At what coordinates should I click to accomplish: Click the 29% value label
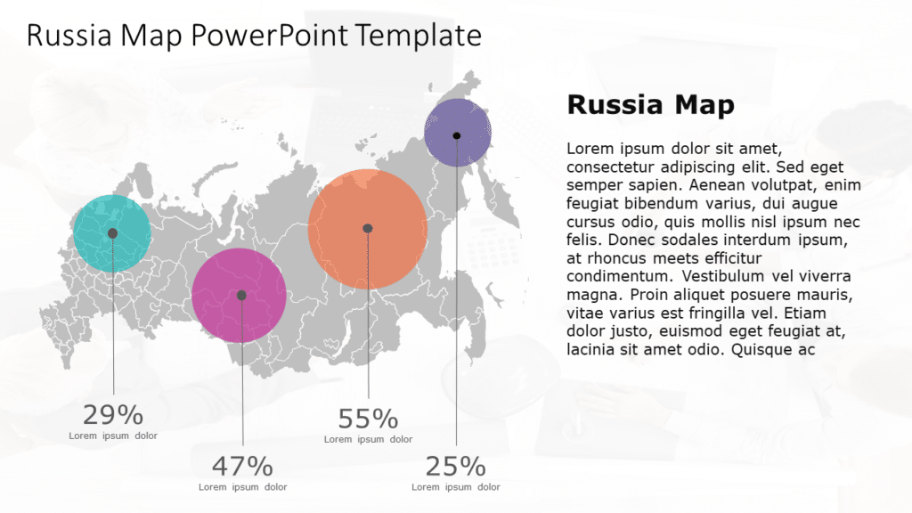(x=112, y=415)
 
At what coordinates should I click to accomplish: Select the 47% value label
(x=242, y=466)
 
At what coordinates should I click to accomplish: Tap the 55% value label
(x=368, y=419)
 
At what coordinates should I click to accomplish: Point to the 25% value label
(x=455, y=466)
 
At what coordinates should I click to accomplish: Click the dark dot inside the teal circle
(x=112, y=233)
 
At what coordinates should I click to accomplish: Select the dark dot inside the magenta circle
(x=241, y=296)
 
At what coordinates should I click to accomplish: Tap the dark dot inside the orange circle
(x=368, y=229)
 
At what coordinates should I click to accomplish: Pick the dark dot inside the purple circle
(x=457, y=135)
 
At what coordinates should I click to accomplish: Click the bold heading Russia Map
(x=650, y=105)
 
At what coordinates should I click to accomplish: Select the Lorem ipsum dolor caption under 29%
(x=113, y=436)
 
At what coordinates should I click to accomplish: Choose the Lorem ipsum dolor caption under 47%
(x=242, y=487)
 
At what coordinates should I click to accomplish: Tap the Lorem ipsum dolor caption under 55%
(x=368, y=439)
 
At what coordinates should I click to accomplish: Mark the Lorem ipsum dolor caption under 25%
(x=455, y=487)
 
